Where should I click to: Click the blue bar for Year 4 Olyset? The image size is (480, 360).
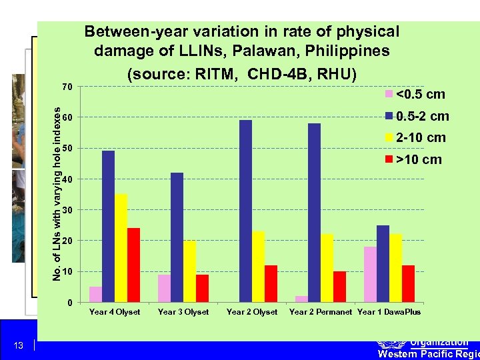coord(108,227)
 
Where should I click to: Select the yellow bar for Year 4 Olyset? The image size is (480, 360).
coord(121,248)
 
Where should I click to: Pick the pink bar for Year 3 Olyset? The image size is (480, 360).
coord(164,289)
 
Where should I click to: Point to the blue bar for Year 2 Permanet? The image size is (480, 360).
coord(314,213)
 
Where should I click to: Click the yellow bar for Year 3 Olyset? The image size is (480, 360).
coord(189,271)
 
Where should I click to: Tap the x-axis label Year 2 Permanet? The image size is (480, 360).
coord(321,312)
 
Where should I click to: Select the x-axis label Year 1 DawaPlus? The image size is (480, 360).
coord(389,312)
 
